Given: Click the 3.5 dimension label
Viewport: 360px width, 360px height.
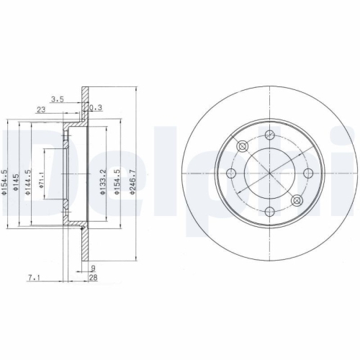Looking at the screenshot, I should click(58, 100).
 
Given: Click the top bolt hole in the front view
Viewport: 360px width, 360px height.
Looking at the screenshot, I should click(269, 135).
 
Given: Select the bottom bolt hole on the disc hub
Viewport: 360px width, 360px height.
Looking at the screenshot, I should click(269, 211).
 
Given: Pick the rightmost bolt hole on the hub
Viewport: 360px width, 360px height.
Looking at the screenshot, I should click(307, 173).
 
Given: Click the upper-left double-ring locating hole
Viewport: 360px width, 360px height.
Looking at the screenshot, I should click(242, 146).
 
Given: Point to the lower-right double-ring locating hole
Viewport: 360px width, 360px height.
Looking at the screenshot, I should click(297, 200).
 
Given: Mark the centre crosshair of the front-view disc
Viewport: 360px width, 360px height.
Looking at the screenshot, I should click(269, 173).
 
